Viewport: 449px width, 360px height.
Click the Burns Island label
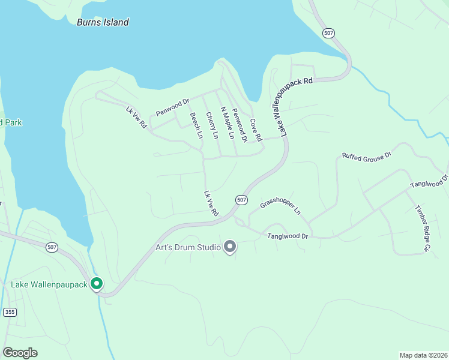(x=103, y=22)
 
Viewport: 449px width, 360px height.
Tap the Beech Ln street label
(x=196, y=125)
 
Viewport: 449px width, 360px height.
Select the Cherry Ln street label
(x=211, y=125)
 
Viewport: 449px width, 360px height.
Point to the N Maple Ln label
(x=226, y=123)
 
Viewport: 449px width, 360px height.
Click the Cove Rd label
(x=256, y=130)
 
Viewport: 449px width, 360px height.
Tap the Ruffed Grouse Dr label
(x=366, y=155)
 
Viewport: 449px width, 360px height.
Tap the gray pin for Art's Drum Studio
(x=229, y=247)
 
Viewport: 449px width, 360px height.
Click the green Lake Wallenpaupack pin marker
(x=96, y=284)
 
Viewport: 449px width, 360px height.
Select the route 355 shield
(x=9, y=312)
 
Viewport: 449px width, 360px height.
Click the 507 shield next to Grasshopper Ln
(x=241, y=199)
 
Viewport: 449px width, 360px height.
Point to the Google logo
(x=20, y=353)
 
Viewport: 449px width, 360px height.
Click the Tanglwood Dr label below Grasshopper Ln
(x=288, y=237)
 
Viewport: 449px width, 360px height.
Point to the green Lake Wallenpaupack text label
(x=49, y=283)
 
